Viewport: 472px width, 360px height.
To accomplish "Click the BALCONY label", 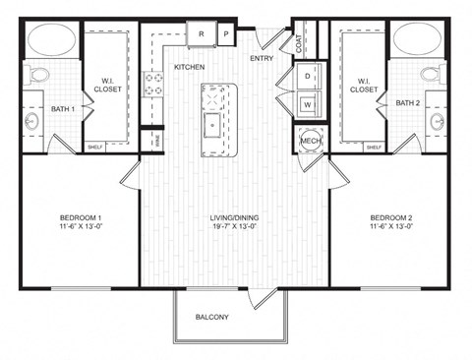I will (211, 317).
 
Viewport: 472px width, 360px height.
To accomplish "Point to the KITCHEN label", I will (189, 67).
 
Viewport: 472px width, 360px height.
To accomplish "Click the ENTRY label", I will (262, 58).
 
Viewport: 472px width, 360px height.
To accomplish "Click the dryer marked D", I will (307, 75).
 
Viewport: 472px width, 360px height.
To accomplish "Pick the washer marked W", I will (307, 103).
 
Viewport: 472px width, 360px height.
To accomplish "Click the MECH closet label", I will (310, 141).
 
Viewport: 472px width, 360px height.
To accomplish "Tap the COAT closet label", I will (298, 42).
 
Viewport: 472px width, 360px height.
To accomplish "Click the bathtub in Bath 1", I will (48, 40).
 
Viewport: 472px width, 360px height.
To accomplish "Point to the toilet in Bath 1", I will (36, 75).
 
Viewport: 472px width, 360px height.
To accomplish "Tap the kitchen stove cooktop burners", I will (153, 84).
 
